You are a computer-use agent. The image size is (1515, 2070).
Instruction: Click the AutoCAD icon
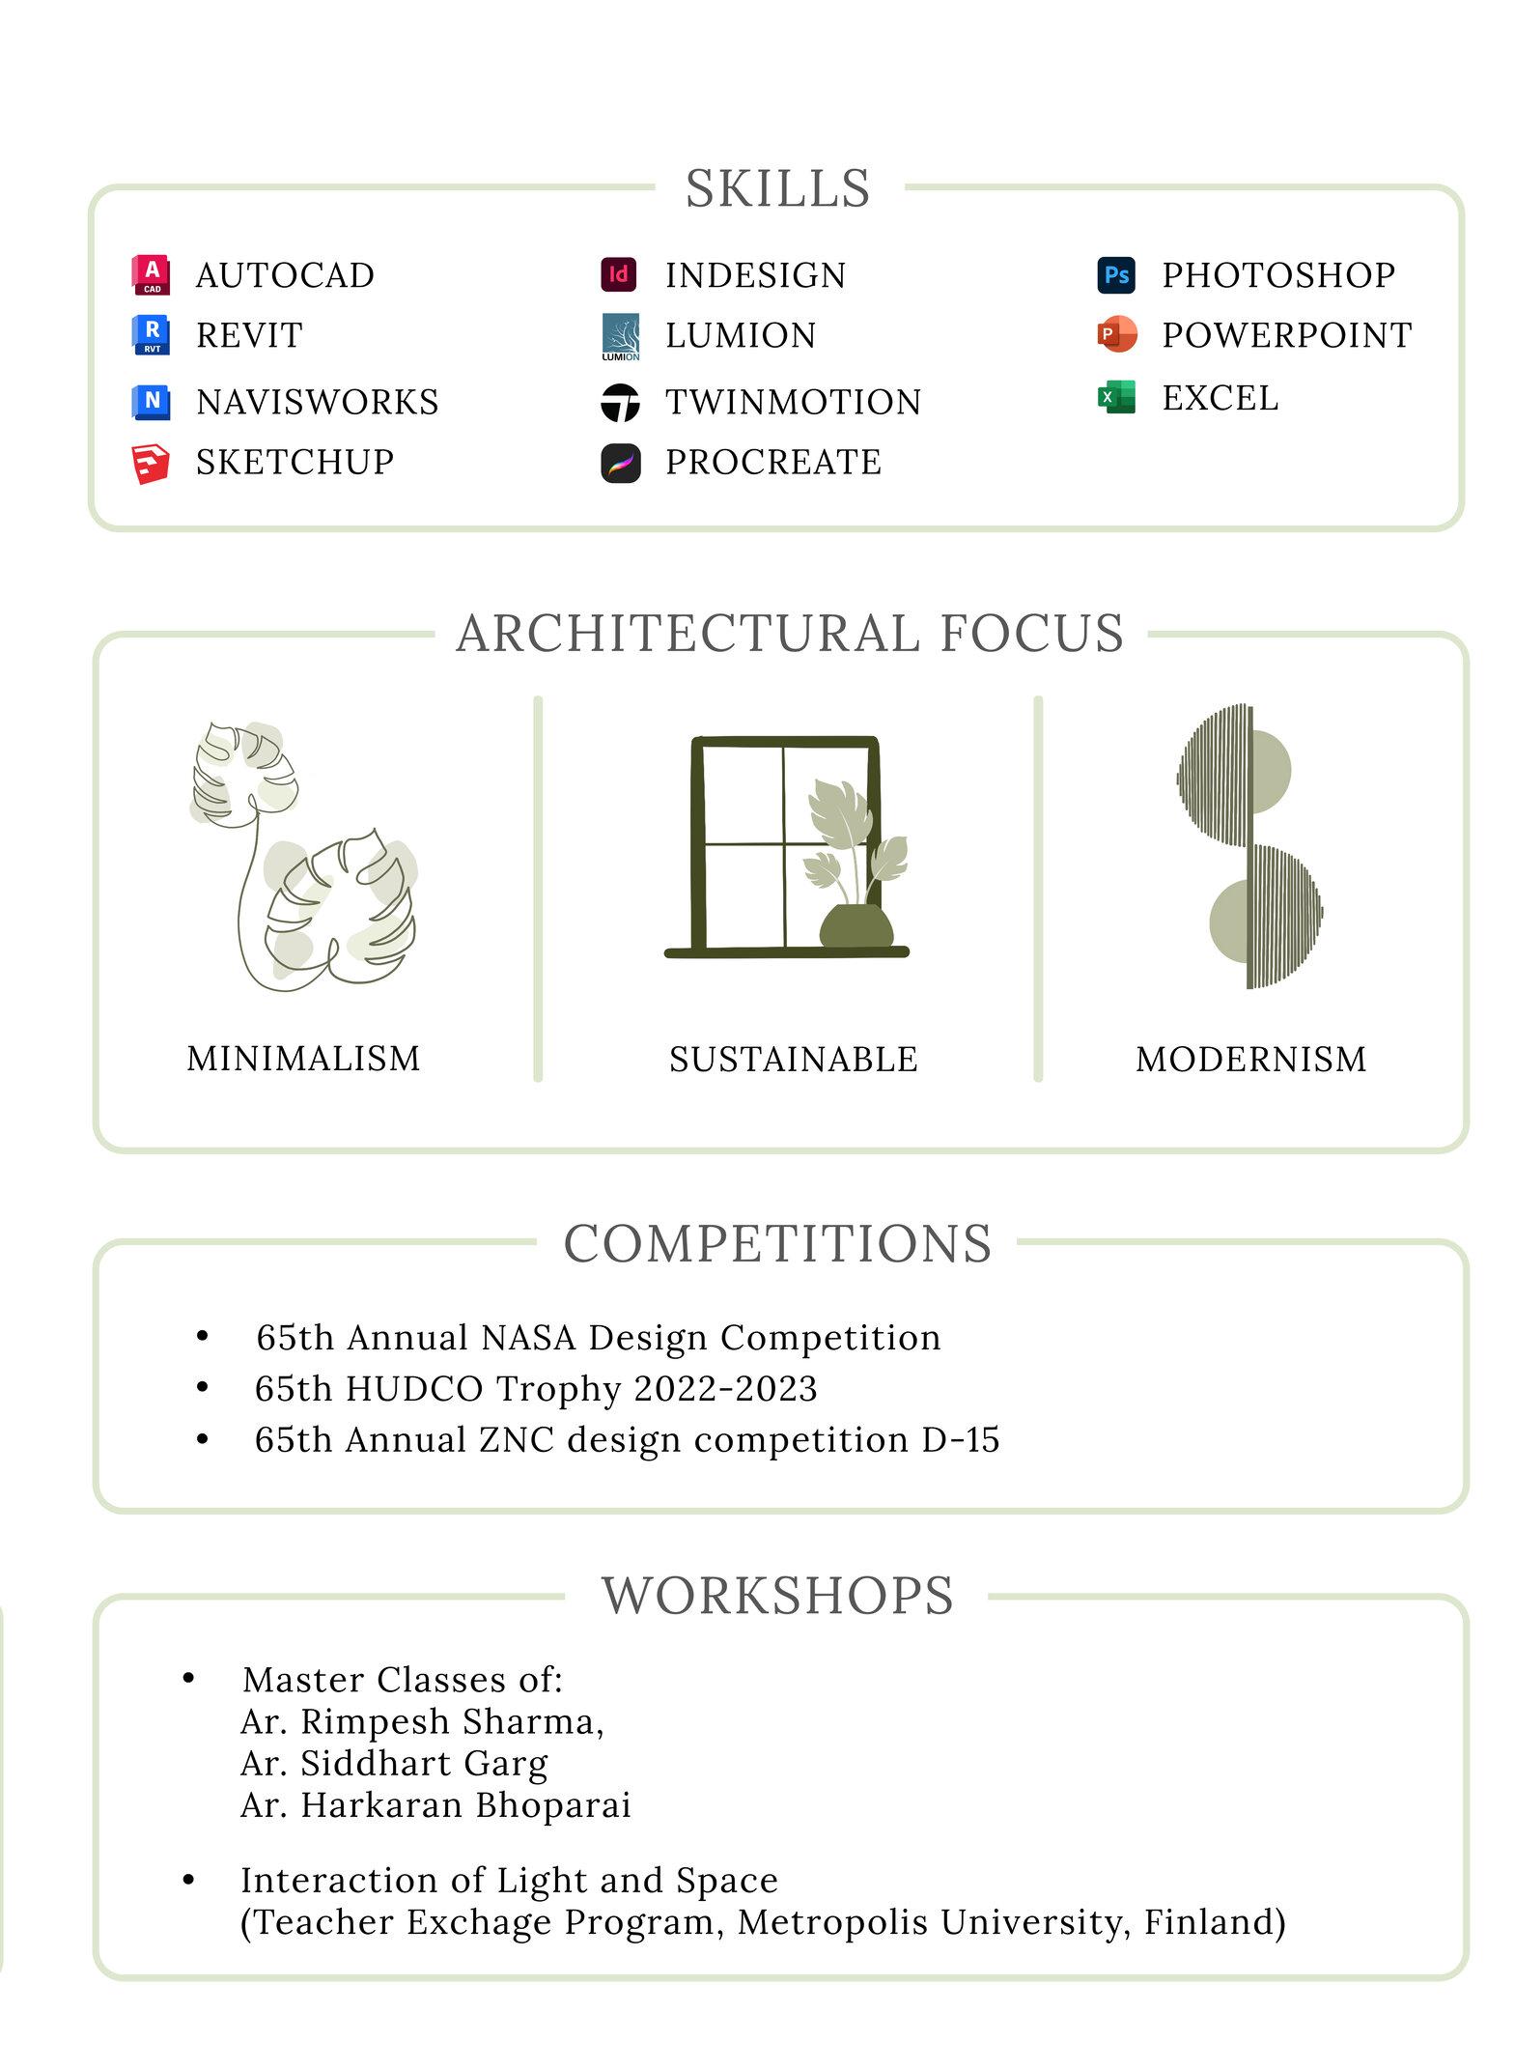tap(151, 274)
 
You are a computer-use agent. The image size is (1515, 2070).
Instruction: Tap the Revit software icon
tap(151, 335)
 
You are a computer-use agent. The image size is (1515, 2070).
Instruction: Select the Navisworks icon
tap(151, 401)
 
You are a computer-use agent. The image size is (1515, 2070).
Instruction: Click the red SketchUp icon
tap(151, 463)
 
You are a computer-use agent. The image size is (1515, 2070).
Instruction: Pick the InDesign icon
tap(619, 274)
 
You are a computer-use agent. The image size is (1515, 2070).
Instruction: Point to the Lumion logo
tap(620, 336)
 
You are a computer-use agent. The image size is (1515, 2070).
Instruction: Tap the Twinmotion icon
tap(620, 402)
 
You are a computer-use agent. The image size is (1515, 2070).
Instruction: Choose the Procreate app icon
tap(620, 463)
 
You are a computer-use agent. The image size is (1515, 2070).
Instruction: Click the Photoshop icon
tap(1116, 274)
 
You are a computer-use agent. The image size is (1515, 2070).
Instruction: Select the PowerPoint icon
tap(1116, 334)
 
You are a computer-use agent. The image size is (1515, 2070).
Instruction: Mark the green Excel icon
tap(1116, 397)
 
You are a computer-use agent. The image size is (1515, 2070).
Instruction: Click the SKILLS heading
tap(778, 188)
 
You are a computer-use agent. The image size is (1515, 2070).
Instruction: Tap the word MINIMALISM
tap(303, 1059)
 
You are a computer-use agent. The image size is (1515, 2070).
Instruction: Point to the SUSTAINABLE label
tap(793, 1060)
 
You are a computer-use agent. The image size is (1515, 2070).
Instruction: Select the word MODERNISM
tap(1250, 1060)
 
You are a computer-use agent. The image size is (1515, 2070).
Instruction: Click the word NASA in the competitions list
tap(528, 1338)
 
